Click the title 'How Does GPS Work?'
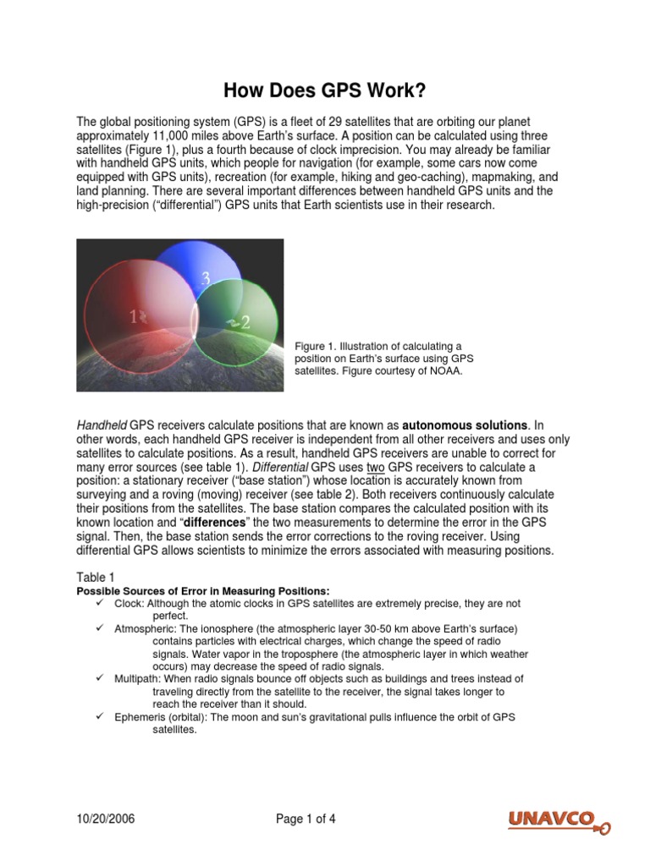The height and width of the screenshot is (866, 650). pos(324,90)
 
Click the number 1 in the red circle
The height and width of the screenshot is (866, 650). pos(133,317)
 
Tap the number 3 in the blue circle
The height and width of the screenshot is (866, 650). pos(206,278)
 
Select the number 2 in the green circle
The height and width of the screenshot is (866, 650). pos(245,322)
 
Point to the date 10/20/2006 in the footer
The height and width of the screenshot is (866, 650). pos(106,819)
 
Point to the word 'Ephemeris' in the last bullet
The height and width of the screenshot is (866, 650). pos(139,716)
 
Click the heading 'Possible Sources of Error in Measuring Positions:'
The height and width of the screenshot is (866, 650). pos(203,590)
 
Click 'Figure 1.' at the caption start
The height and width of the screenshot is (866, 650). pos(316,346)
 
